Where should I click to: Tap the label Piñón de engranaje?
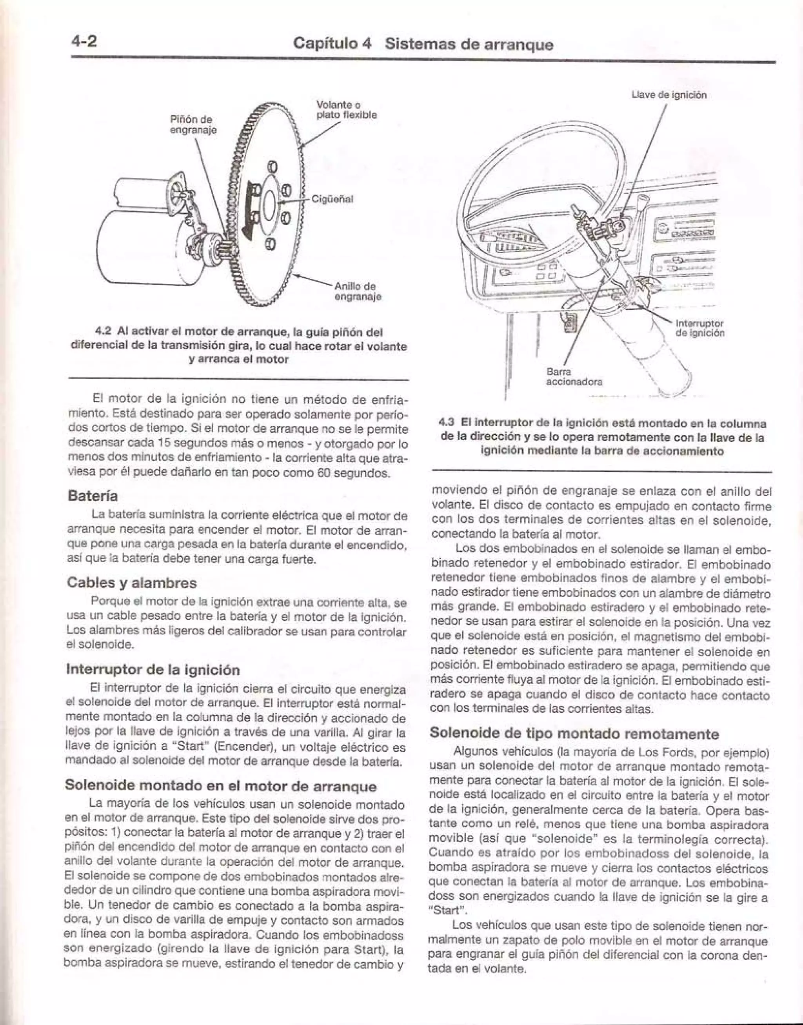click(x=193, y=125)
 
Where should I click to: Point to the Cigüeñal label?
click(x=332, y=199)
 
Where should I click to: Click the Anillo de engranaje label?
click(x=357, y=291)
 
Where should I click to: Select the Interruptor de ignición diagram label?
click(x=699, y=328)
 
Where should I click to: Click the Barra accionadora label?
click(x=574, y=376)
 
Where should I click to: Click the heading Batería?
click(x=93, y=496)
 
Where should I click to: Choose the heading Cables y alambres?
click(x=132, y=583)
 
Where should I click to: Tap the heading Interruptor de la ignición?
click(x=153, y=669)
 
